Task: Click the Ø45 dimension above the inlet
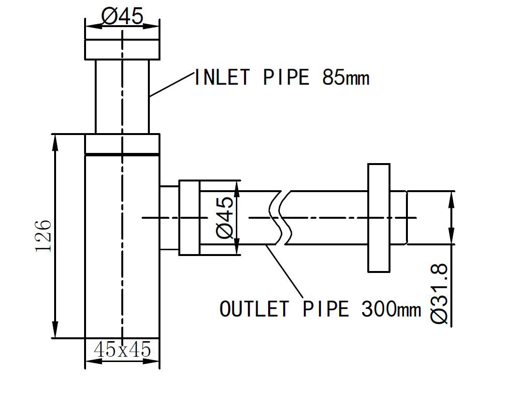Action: click(x=122, y=17)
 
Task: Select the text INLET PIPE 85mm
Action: click(x=281, y=77)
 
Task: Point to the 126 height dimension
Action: click(x=43, y=236)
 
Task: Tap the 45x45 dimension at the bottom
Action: click(x=122, y=349)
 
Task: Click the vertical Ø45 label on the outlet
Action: click(x=226, y=217)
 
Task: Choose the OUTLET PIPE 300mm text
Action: click(x=320, y=309)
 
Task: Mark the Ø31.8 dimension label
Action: click(x=441, y=293)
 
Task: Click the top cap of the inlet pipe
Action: click(x=122, y=49)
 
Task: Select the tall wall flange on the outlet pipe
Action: click(x=379, y=218)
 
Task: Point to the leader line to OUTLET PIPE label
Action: click(x=285, y=271)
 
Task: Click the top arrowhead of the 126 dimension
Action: click(x=56, y=140)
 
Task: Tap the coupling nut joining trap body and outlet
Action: click(x=189, y=218)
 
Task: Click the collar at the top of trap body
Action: click(x=122, y=144)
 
